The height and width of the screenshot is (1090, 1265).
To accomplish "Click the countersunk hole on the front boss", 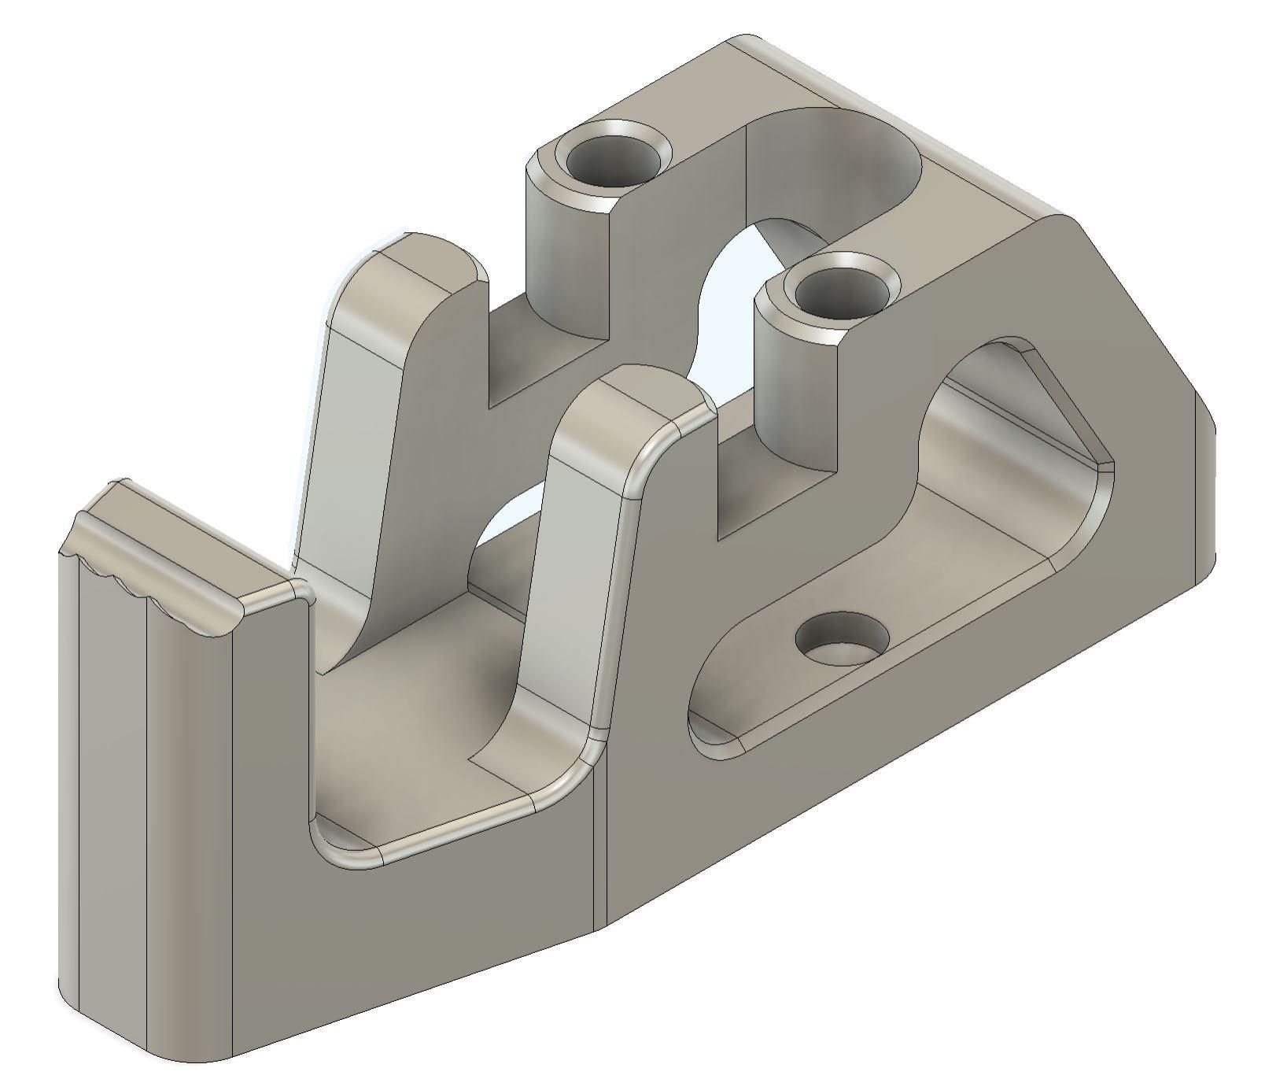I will (840, 294).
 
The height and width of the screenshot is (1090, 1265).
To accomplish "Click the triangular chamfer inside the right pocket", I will (1070, 409).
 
